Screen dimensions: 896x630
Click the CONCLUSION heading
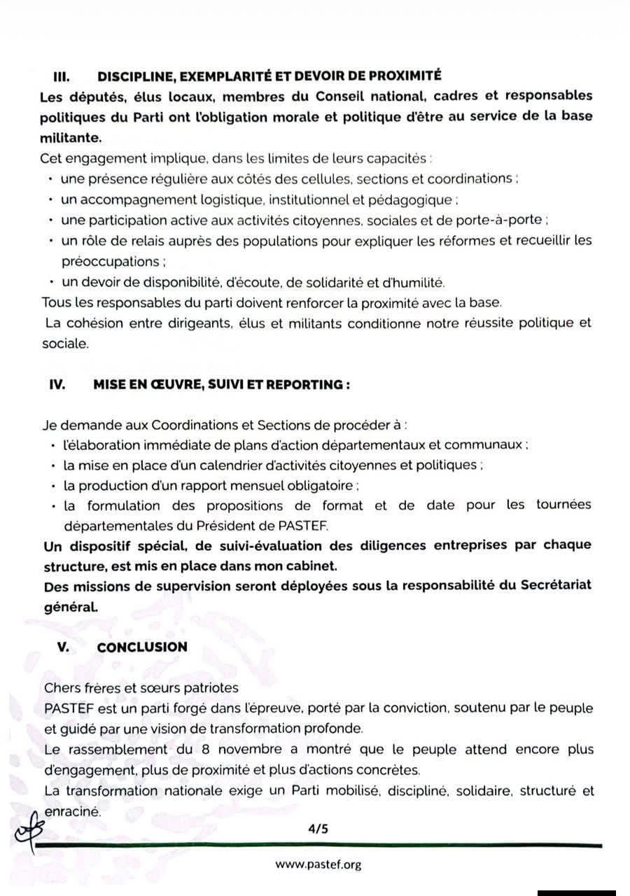click(142, 647)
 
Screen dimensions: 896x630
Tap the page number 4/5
click(318, 829)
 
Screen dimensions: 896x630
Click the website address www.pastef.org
click(318, 864)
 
